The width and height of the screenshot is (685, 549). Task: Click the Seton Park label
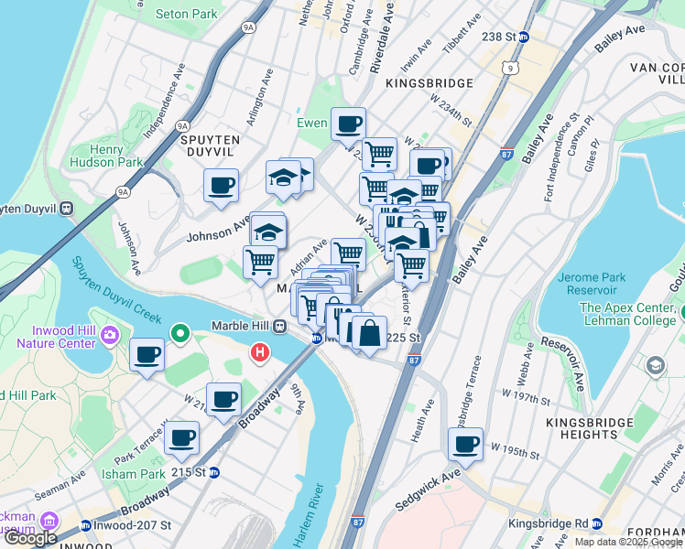pos(187,14)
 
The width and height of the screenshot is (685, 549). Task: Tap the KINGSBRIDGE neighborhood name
pos(429,82)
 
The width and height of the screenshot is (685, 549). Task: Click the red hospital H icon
pos(260,350)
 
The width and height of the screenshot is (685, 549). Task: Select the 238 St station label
pos(506,37)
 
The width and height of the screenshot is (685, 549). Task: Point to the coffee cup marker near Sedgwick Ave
pos(465,444)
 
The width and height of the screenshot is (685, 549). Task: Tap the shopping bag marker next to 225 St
pos(369,332)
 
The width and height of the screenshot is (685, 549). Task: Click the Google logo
pos(30,538)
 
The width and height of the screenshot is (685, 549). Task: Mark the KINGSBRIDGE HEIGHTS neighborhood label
pos(589,429)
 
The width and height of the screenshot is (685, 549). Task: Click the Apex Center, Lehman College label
pos(627,315)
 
